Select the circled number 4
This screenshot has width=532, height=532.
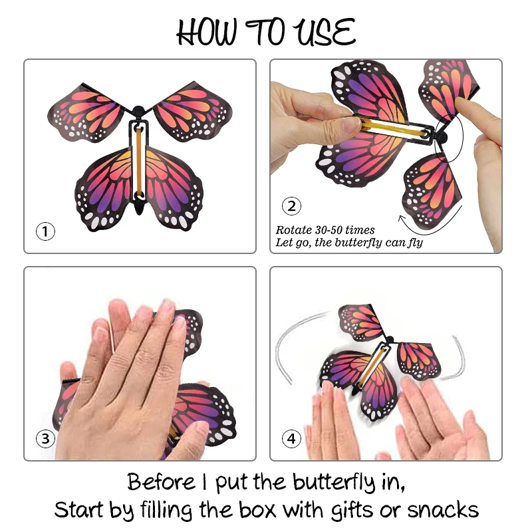click(x=291, y=438)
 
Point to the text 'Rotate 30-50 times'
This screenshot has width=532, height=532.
click(x=326, y=230)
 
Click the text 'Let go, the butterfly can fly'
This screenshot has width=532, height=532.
click(x=349, y=243)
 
